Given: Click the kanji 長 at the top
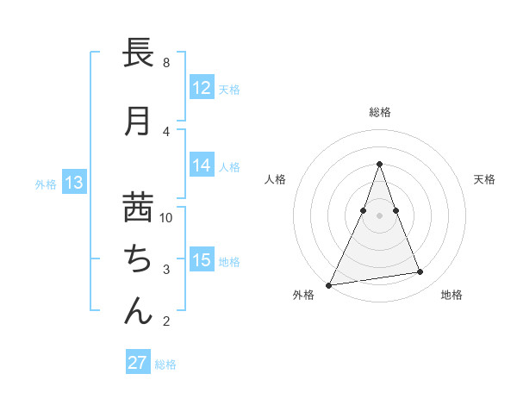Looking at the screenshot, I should tap(139, 54).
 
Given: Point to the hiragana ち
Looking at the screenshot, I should tap(139, 259).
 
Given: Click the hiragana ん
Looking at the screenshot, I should tap(139, 310).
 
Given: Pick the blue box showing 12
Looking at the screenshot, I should tap(202, 88).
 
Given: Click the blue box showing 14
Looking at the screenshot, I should tap(202, 166).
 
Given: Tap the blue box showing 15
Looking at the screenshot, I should tap(202, 260).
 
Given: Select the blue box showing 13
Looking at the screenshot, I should tap(74, 182).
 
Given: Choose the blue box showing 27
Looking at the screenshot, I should tap(138, 363).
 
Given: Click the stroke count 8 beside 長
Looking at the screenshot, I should tap(166, 63).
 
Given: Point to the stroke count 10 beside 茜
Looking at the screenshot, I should tap(166, 217).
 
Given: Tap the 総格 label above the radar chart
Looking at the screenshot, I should tap(380, 112).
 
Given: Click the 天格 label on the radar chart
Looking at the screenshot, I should tap(484, 179).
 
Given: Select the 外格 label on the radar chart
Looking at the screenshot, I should tap(303, 295).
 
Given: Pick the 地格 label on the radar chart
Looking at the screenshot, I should tap(452, 295).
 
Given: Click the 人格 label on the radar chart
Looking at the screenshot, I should tap(275, 179).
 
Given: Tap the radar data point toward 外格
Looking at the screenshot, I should tap(328, 285).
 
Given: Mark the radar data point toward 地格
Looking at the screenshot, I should tap(420, 272).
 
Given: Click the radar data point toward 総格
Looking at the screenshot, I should tap(379, 164).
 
